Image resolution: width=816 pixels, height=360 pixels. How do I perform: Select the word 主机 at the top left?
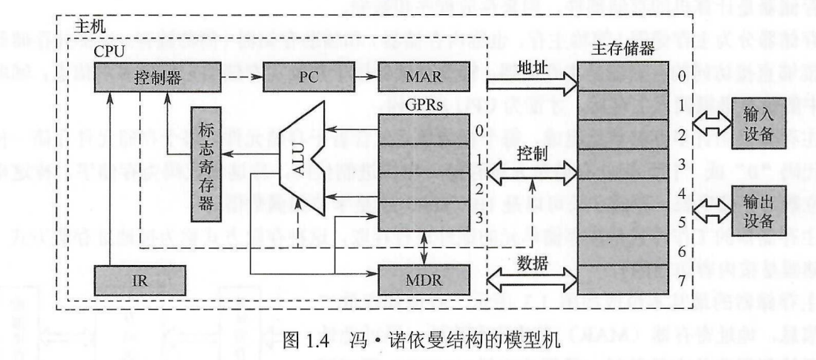[x=91, y=27]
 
